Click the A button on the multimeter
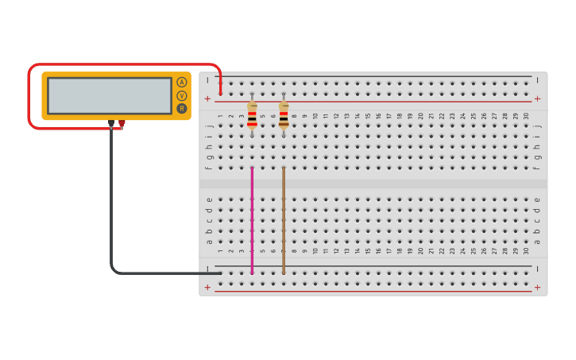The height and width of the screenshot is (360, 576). pos(182,82)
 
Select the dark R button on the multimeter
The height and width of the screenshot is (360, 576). pos(182,108)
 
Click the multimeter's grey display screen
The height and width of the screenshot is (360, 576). pos(109,95)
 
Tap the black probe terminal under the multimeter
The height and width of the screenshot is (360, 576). pos(111,123)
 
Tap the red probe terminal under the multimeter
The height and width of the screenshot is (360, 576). pos(122,123)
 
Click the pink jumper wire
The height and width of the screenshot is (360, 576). pos(252,223)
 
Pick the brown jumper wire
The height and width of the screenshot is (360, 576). pos(284,223)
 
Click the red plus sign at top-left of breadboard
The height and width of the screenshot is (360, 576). pos(207,99)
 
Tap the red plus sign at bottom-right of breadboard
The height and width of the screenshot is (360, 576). pos(537,287)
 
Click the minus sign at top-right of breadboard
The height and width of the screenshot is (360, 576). pos(537,79)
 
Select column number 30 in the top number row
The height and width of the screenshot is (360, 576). pos(526,116)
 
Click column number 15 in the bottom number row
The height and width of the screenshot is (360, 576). pos(368,250)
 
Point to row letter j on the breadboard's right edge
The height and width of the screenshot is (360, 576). pos(537,126)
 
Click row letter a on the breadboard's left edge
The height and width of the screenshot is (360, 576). pos(210,242)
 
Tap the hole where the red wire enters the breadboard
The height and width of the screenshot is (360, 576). pos(220,93)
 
